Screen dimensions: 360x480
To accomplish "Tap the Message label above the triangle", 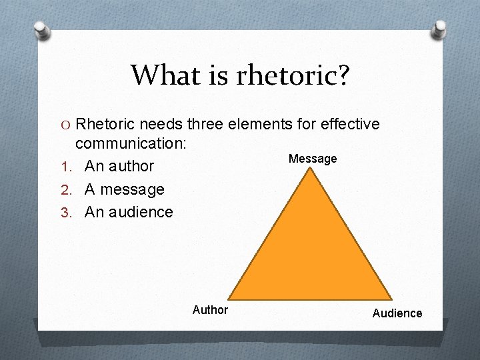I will [313, 159].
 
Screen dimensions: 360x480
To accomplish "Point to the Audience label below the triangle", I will [397, 313].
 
